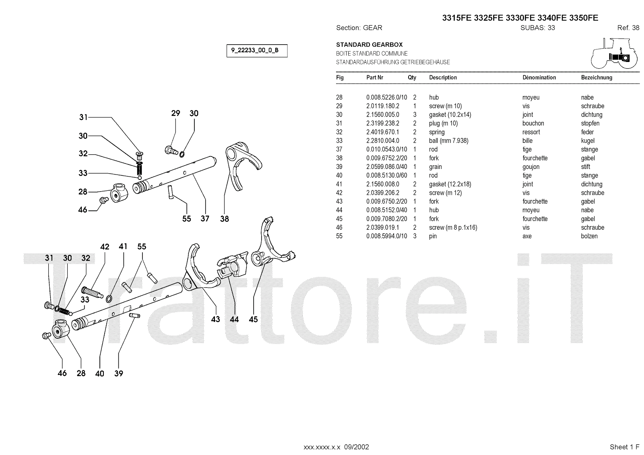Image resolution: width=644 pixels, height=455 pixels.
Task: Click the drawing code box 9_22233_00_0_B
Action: point(257,51)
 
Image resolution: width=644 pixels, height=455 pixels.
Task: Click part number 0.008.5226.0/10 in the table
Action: point(386,97)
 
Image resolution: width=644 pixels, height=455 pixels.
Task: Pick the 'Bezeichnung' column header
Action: point(597,78)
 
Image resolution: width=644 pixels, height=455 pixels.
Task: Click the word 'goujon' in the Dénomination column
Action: point(531,167)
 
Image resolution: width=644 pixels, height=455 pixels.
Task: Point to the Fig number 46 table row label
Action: point(339,228)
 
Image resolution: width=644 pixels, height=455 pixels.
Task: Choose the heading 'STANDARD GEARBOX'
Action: point(369,45)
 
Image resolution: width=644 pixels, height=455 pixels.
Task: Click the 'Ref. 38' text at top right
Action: point(628,28)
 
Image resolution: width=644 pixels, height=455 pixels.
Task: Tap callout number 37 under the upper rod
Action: point(205,219)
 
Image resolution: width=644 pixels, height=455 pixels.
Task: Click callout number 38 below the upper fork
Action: point(224,219)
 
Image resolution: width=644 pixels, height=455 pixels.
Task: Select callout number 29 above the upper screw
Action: point(175,113)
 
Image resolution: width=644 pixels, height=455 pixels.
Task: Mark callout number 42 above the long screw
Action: point(105,247)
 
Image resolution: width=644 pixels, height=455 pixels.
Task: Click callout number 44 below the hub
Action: point(234,319)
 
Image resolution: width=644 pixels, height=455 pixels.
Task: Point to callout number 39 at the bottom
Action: point(118,373)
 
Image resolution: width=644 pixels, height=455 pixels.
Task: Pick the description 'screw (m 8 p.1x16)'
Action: point(453,228)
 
